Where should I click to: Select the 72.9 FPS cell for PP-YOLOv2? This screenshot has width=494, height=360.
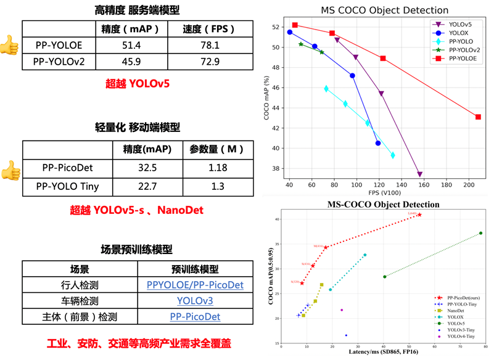[x=202, y=62]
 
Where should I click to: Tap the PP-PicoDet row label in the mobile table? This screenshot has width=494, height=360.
[x=67, y=168]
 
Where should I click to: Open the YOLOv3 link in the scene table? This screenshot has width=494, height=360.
[x=195, y=301]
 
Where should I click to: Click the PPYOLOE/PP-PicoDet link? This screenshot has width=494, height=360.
[x=195, y=285]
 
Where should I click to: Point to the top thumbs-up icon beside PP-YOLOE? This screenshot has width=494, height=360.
[x=9, y=44]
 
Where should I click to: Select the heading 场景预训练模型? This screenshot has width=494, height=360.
[x=136, y=249]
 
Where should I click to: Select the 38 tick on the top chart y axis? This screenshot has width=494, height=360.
[x=279, y=169]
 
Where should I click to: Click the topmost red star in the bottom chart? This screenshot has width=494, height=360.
[x=419, y=215]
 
